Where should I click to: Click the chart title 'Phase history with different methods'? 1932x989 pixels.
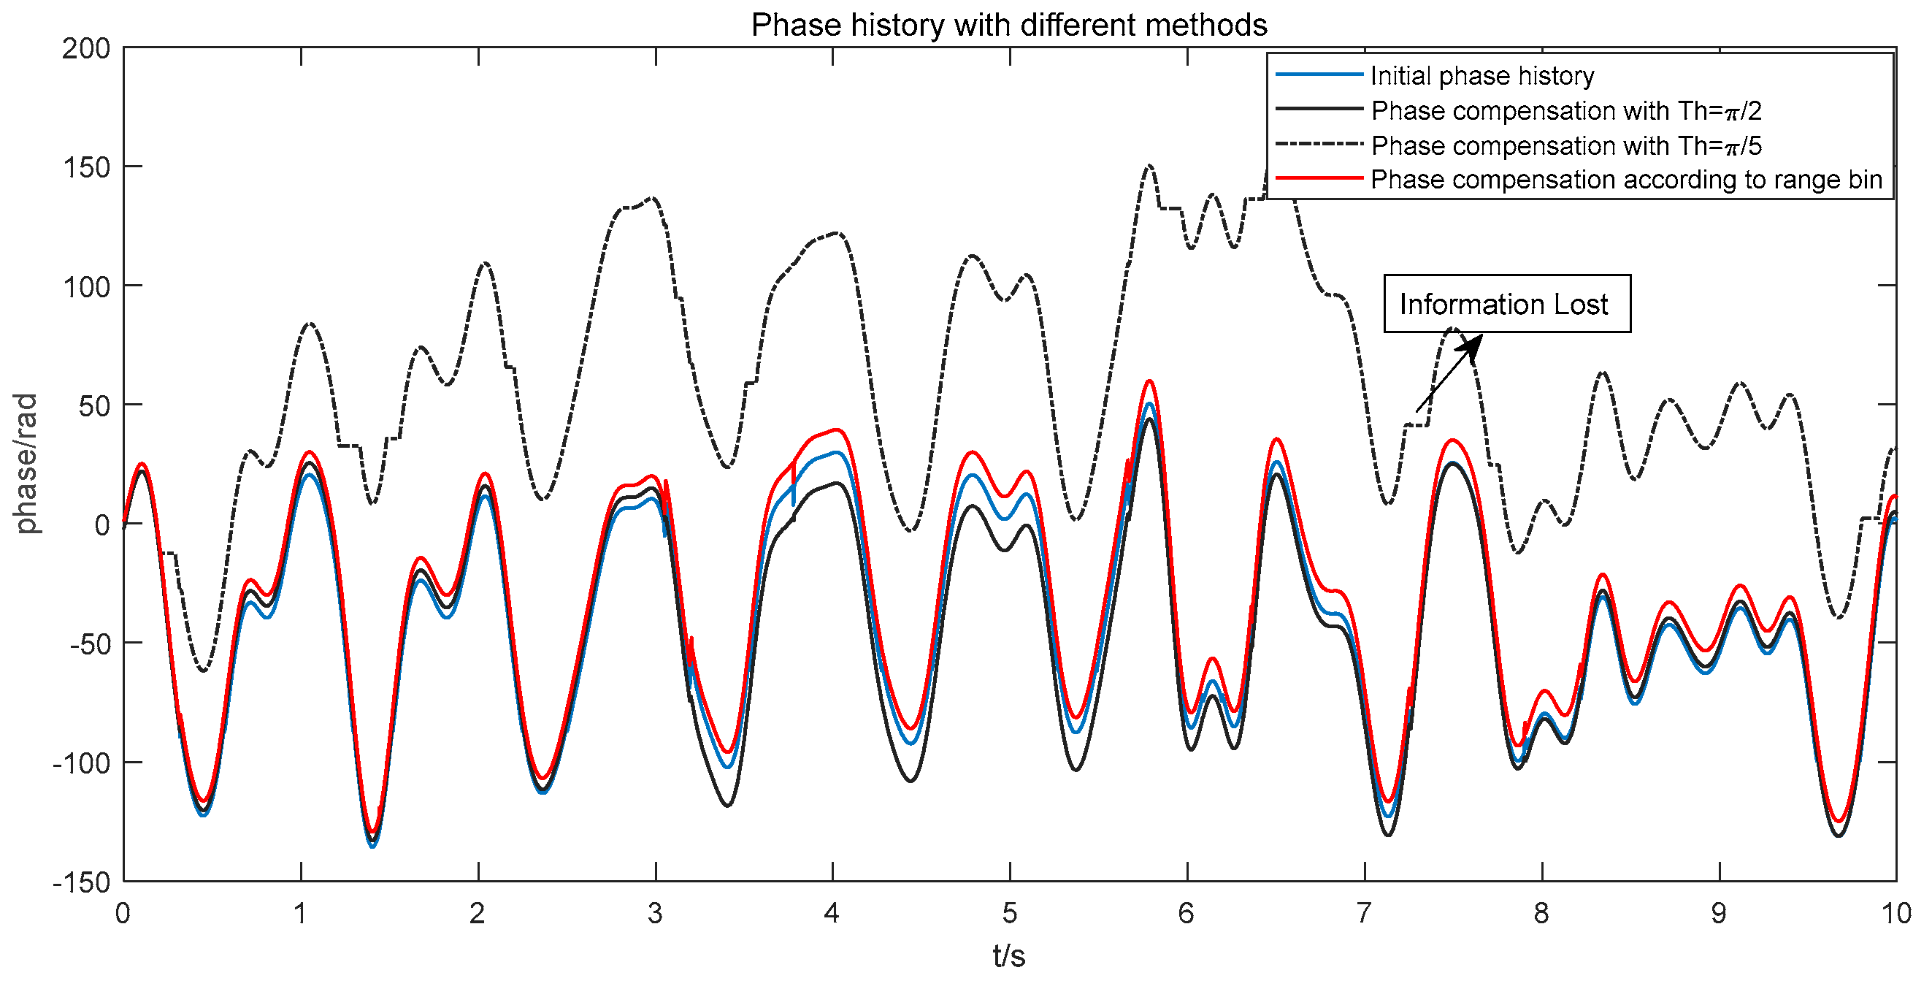[x=1008, y=25]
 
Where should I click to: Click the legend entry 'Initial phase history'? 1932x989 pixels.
[x=1481, y=76]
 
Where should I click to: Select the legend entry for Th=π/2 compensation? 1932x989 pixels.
[x=1565, y=111]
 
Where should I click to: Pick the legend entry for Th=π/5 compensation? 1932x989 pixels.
[x=1565, y=145]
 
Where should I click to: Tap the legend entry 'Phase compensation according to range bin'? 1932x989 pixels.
[x=1625, y=180]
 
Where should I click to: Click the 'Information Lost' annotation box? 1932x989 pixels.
[x=1506, y=304]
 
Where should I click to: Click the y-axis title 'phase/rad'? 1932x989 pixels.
[x=26, y=463]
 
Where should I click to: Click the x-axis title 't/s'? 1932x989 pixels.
[x=1008, y=956]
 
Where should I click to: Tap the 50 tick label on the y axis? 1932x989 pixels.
[x=93, y=406]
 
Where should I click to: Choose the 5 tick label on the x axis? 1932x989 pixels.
[x=1010, y=914]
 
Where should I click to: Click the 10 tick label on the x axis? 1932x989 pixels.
[x=1895, y=914]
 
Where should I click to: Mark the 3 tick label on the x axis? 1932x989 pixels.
[x=655, y=914]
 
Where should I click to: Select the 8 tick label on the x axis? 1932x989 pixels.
[x=1541, y=914]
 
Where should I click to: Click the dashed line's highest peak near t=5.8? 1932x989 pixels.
[x=1149, y=166]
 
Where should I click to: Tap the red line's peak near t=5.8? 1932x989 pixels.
[x=1149, y=381]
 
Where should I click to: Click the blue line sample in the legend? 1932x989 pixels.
[x=1319, y=75]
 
